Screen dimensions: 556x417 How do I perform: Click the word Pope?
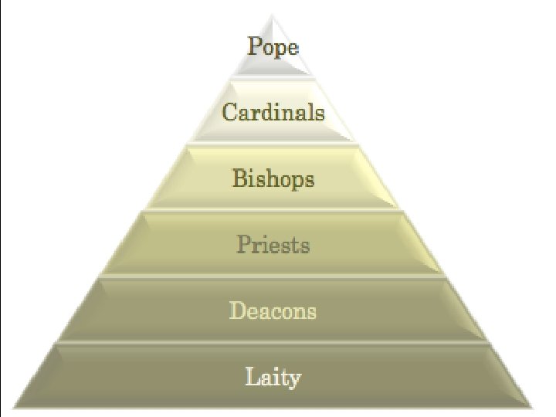point(273,46)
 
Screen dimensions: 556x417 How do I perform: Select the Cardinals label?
point(273,113)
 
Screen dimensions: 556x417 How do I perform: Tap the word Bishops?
point(273,179)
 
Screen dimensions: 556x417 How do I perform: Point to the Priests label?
point(273,246)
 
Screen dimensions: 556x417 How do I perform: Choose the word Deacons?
point(273,311)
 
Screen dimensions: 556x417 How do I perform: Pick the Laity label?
point(273,378)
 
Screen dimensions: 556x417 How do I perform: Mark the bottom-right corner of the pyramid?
point(532,408)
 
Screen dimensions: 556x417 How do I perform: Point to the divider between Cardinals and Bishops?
point(273,144)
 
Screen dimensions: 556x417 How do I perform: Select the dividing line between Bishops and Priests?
point(273,210)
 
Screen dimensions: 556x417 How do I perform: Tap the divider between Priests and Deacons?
point(273,276)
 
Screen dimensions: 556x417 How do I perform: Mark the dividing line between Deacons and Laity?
point(273,343)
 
